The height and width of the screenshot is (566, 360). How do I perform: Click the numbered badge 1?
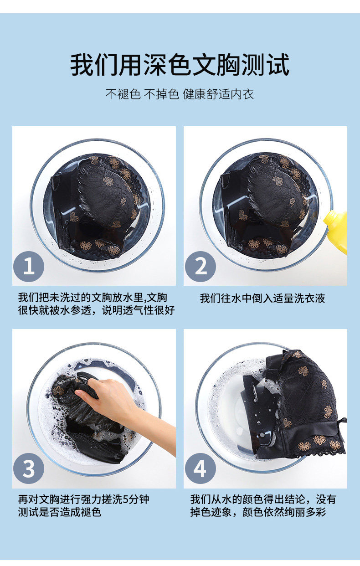(29, 266)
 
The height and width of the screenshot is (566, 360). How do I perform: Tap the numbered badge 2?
(201, 266)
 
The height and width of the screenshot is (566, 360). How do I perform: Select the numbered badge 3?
(29, 468)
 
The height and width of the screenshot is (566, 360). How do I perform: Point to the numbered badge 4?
(201, 468)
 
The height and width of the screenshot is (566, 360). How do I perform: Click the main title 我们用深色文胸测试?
(180, 65)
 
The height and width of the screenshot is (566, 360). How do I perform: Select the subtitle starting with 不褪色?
(180, 94)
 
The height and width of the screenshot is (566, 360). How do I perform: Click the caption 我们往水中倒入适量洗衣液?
(262, 298)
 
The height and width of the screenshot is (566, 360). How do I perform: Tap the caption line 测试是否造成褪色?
(60, 512)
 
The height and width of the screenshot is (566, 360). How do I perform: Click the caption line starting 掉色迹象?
(258, 512)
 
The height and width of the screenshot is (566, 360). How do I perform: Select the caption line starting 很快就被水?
(96, 310)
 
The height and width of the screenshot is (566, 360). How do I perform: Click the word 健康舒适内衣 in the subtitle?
(218, 94)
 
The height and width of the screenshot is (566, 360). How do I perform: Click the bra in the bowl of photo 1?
(98, 206)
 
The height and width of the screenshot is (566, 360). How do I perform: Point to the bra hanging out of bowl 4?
(296, 404)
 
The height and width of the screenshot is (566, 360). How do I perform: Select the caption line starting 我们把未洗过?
(93, 298)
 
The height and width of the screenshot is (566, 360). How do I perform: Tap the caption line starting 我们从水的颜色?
(263, 499)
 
